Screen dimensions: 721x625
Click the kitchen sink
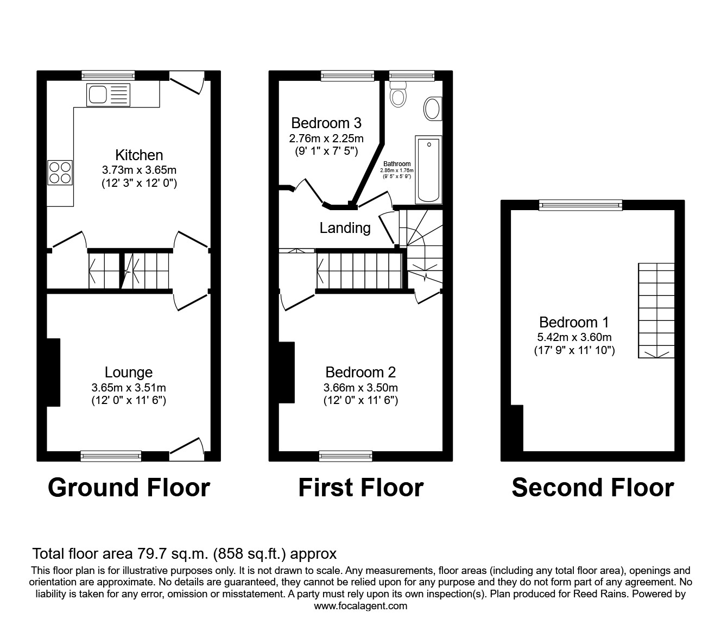click(x=108, y=94)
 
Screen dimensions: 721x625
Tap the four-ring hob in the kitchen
click(x=60, y=172)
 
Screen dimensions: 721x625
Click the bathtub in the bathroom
click(x=428, y=169)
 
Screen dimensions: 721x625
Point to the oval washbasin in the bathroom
click(x=433, y=109)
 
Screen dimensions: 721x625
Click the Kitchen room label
click(x=139, y=155)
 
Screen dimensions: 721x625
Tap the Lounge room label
click(x=129, y=373)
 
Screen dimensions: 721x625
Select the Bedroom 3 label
click(x=326, y=123)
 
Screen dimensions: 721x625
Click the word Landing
click(x=345, y=228)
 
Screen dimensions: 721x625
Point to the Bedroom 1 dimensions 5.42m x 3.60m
click(x=574, y=337)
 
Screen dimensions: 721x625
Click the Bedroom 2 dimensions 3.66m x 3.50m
click(x=360, y=388)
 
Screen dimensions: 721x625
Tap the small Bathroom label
click(x=397, y=163)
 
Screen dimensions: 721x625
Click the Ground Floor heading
click(x=129, y=488)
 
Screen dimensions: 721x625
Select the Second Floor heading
click(x=593, y=488)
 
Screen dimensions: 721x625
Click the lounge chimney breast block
click(x=53, y=373)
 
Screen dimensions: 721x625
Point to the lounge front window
click(x=111, y=456)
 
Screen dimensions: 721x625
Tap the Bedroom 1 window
click(x=581, y=205)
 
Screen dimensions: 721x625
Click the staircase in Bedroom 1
click(x=656, y=311)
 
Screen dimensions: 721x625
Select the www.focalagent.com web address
click(x=360, y=606)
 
